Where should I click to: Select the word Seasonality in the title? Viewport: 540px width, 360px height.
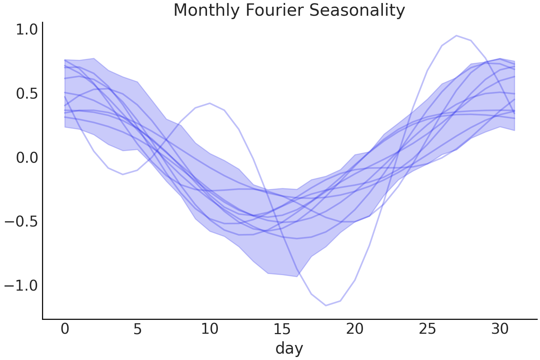tap(357, 10)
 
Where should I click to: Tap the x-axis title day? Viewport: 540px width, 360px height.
tap(289, 348)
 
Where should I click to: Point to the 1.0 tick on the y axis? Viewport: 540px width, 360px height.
tap(27, 30)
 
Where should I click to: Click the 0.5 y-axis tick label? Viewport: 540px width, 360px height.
tap(27, 94)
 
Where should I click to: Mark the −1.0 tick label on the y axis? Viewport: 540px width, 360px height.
tap(21, 286)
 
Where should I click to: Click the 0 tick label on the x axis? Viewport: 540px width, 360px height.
tap(65, 329)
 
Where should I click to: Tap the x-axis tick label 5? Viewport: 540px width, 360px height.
tap(137, 329)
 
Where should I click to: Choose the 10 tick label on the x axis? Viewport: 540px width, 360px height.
tap(210, 329)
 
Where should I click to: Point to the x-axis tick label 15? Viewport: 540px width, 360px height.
tap(282, 329)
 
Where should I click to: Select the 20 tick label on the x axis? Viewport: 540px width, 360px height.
tap(355, 329)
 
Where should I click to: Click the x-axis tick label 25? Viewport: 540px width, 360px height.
tap(427, 329)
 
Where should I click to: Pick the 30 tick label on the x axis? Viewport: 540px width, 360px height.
tap(499, 329)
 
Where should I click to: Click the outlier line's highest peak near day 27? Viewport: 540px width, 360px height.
tap(456, 36)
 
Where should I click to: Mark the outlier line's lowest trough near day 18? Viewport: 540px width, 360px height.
tap(325, 305)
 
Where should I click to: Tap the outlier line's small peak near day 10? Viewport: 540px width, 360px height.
tap(210, 103)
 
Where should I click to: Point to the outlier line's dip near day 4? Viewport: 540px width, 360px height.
tap(123, 174)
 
